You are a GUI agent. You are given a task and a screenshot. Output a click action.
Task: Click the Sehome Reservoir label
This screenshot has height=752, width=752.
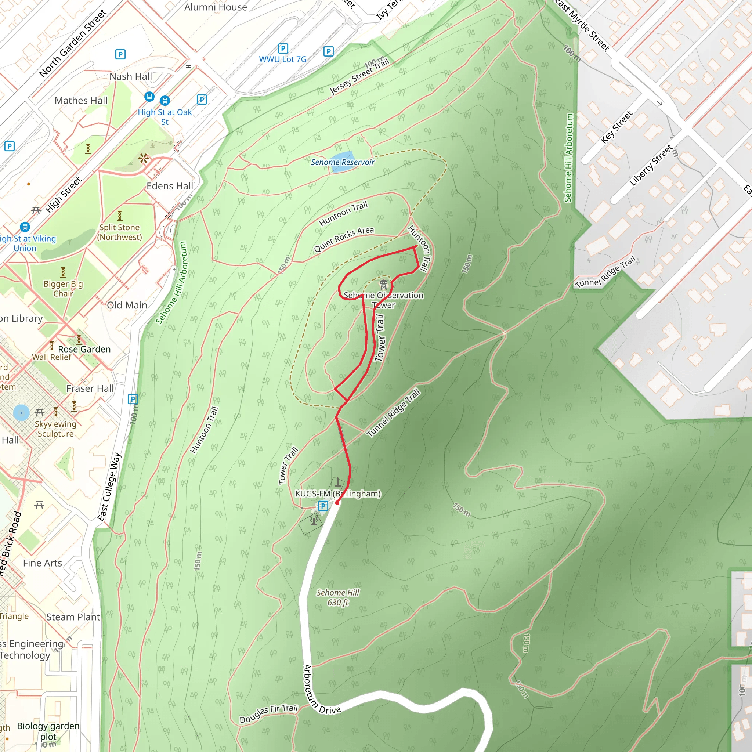click(342, 162)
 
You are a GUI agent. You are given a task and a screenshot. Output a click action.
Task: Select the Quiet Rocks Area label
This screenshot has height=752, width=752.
click(344, 239)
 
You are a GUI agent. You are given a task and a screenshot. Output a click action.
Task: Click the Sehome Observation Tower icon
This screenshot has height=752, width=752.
click(384, 284)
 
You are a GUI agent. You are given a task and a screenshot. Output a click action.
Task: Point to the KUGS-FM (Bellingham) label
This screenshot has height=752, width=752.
click(338, 493)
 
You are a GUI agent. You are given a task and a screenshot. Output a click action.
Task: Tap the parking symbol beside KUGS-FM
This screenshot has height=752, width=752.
click(323, 506)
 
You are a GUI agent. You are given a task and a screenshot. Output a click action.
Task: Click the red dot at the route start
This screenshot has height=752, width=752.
click(337, 503)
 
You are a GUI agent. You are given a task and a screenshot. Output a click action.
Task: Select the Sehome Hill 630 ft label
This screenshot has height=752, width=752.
click(337, 597)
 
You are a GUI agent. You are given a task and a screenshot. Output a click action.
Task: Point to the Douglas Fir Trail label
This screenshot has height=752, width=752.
click(268, 714)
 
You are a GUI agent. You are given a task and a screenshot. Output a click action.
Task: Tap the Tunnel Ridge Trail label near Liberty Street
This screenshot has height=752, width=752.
click(605, 272)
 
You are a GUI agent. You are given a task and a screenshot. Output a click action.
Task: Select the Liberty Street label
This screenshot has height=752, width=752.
click(651, 165)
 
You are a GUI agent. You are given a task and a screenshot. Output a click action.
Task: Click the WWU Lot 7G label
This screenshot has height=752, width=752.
click(283, 59)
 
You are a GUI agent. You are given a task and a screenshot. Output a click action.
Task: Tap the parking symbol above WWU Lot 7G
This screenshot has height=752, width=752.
click(283, 48)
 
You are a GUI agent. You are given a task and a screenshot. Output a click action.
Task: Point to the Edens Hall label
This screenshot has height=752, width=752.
click(170, 186)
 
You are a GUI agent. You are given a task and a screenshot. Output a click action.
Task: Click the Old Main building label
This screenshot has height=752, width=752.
click(127, 305)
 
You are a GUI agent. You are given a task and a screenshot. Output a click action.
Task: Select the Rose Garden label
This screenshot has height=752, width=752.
click(84, 349)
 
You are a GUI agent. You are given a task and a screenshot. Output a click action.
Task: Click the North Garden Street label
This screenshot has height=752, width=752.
click(73, 44)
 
